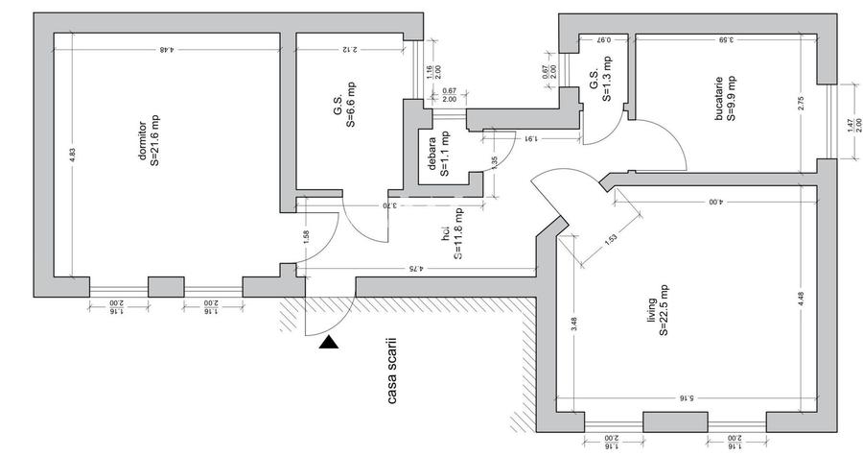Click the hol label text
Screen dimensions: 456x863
[x=452, y=235]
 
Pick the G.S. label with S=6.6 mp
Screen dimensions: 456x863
[x=345, y=105]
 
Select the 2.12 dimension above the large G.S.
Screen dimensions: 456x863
[x=348, y=48]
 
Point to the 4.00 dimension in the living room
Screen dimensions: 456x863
[x=715, y=203]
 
